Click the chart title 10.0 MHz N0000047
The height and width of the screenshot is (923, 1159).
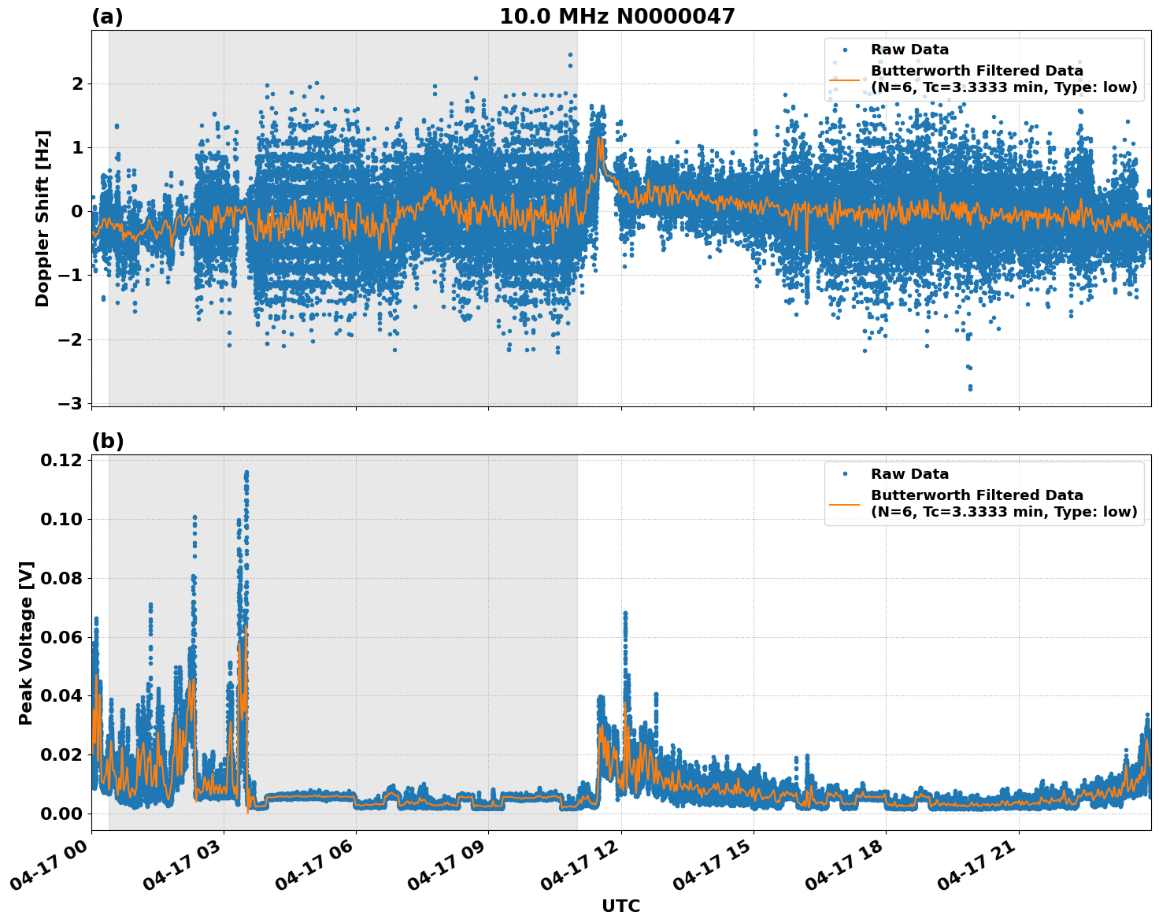pyautogui.click(x=617, y=17)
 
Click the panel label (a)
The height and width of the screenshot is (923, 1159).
pyautogui.click(x=107, y=17)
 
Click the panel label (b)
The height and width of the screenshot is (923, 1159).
pyautogui.click(x=108, y=441)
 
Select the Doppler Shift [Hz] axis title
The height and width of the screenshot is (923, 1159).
pyautogui.click(x=43, y=218)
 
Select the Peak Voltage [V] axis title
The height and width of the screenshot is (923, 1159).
pyautogui.click(x=26, y=643)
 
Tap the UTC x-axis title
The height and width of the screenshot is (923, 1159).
pyautogui.click(x=620, y=906)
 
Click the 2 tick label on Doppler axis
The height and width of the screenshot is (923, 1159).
pyautogui.click(x=77, y=83)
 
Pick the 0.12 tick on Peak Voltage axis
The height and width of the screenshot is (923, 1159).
pyautogui.click(x=60, y=460)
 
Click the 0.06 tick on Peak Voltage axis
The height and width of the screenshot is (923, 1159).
pyautogui.click(x=60, y=637)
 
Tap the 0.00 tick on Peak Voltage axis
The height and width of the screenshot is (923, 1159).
pyautogui.click(x=60, y=814)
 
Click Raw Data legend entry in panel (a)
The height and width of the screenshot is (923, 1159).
pyautogui.click(x=909, y=50)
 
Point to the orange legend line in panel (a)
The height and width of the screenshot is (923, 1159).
pyautogui.click(x=844, y=80)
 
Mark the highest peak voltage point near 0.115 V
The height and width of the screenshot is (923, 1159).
pyautogui.click(x=246, y=473)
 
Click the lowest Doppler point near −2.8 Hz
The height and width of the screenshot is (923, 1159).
pyautogui.click(x=969, y=388)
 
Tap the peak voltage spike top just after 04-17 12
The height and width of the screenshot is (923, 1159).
pyautogui.click(x=625, y=613)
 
